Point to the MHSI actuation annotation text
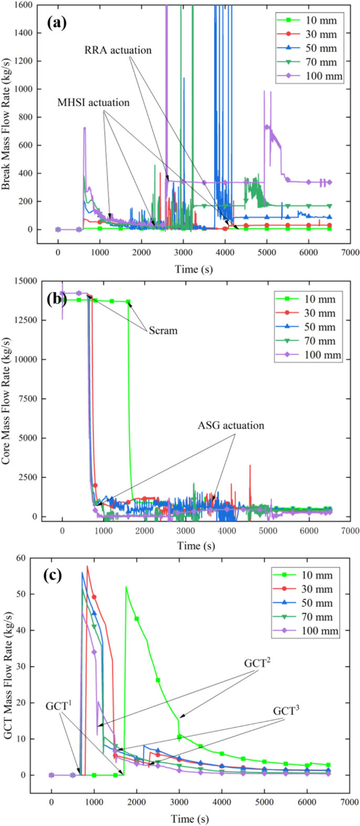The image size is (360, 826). pos(93,103)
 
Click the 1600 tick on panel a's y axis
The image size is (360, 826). pos(24,5)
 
